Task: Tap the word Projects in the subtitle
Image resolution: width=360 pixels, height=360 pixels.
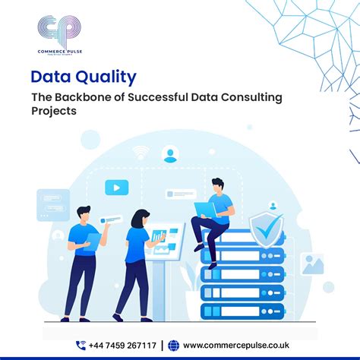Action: (55, 110)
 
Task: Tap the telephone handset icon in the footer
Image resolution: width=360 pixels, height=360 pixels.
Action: (81, 344)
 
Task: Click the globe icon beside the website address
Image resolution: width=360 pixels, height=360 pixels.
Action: (173, 344)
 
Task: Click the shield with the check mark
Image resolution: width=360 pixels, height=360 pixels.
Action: (265, 228)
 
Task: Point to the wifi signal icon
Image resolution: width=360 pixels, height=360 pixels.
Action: (140, 151)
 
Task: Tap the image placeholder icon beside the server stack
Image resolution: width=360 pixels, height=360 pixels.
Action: (312, 264)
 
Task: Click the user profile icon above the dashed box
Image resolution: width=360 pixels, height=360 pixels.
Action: (170, 156)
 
